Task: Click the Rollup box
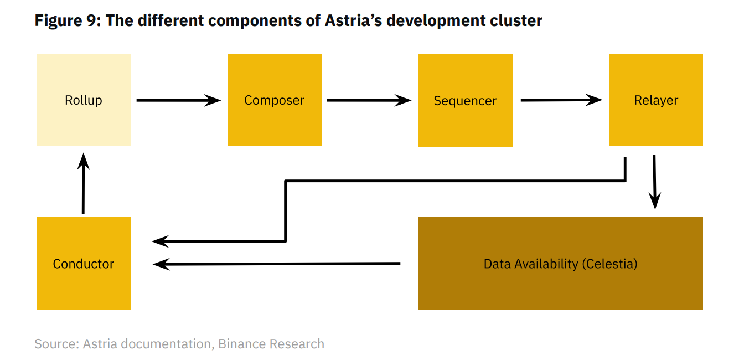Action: click(84, 100)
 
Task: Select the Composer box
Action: click(275, 100)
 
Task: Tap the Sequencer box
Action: click(466, 100)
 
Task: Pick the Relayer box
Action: click(655, 100)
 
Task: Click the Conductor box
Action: click(84, 263)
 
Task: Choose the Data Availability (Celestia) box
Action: click(560, 263)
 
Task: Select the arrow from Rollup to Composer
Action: click(179, 100)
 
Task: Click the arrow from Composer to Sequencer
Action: click(369, 100)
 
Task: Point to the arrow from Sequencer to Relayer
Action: click(561, 100)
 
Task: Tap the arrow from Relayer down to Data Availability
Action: click(655, 182)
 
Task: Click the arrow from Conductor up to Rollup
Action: click(83, 183)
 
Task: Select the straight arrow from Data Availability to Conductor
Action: click(276, 264)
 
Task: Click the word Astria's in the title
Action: click(353, 20)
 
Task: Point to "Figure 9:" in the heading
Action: click(68, 20)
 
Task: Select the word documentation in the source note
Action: click(166, 344)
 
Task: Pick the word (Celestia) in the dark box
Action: click(609, 264)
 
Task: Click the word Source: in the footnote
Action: click(57, 344)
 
